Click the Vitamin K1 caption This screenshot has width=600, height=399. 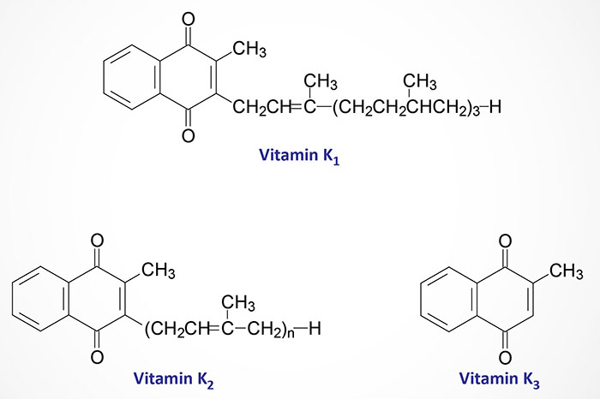[299, 156]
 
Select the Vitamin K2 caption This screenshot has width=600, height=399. [174, 378]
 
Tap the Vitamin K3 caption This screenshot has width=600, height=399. [500, 378]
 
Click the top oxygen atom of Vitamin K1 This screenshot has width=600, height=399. [188, 19]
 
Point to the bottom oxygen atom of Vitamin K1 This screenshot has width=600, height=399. [188, 135]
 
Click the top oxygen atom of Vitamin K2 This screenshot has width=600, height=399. [97, 241]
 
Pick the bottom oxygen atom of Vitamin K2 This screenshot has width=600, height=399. [97, 357]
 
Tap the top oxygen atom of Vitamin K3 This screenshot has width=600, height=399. [505, 241]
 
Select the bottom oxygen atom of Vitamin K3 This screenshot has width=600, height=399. [505, 358]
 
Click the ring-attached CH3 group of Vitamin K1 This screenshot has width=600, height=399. [249, 50]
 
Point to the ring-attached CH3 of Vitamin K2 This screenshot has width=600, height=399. [159, 271]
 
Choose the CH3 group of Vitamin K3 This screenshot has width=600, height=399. [567, 271]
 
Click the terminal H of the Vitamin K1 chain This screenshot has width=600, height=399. [495, 107]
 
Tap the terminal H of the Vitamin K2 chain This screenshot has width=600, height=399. [315, 329]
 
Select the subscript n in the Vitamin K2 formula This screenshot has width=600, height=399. [291, 334]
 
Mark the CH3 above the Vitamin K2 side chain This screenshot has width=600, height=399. [238, 303]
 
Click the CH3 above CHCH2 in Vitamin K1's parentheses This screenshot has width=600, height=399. [420, 82]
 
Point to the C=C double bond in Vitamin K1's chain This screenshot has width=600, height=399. [297, 107]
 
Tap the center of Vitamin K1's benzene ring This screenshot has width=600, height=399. [131, 77]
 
